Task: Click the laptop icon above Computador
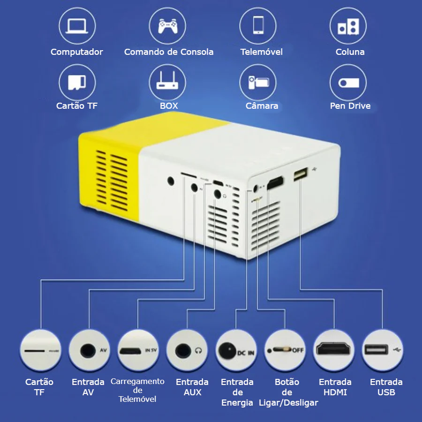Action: (77, 26)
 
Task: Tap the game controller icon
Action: (167, 26)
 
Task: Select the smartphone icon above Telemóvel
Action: (258, 25)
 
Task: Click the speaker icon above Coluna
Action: (348, 26)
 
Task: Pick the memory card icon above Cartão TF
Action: (77, 82)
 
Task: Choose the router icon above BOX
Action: (167, 80)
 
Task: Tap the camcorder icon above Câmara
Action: (258, 83)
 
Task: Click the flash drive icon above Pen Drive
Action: (348, 83)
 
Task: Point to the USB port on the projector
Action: (301, 174)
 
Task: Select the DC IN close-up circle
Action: (236, 350)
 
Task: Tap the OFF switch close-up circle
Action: (285, 350)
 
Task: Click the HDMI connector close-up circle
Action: (334, 350)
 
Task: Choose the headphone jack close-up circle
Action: (187, 350)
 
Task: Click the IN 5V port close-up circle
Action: (138, 350)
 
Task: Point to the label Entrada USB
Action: (386, 387)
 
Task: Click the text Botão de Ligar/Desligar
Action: (288, 392)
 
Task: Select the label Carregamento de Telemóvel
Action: (137, 390)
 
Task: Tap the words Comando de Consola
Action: (169, 52)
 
